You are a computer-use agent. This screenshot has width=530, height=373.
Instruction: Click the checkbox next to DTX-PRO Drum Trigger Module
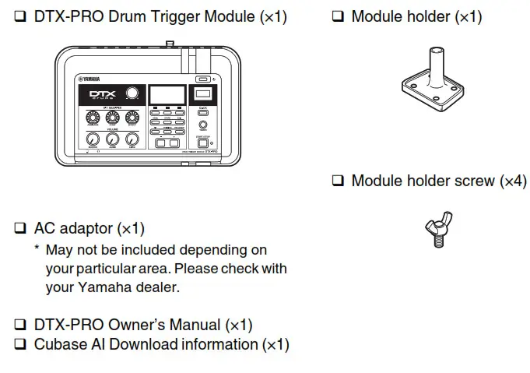[20, 16]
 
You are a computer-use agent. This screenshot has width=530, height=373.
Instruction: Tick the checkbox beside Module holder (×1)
[338, 16]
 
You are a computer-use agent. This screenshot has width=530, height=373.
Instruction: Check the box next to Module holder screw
[338, 181]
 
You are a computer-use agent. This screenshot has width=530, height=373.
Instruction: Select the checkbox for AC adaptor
[20, 229]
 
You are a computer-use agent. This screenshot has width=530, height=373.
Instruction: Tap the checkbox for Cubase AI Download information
[20, 344]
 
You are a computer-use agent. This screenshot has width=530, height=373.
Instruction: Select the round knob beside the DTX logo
[135, 94]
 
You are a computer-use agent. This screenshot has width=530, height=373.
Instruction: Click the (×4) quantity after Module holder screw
[512, 181]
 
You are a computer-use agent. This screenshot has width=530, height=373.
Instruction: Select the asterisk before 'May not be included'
[37, 250]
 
